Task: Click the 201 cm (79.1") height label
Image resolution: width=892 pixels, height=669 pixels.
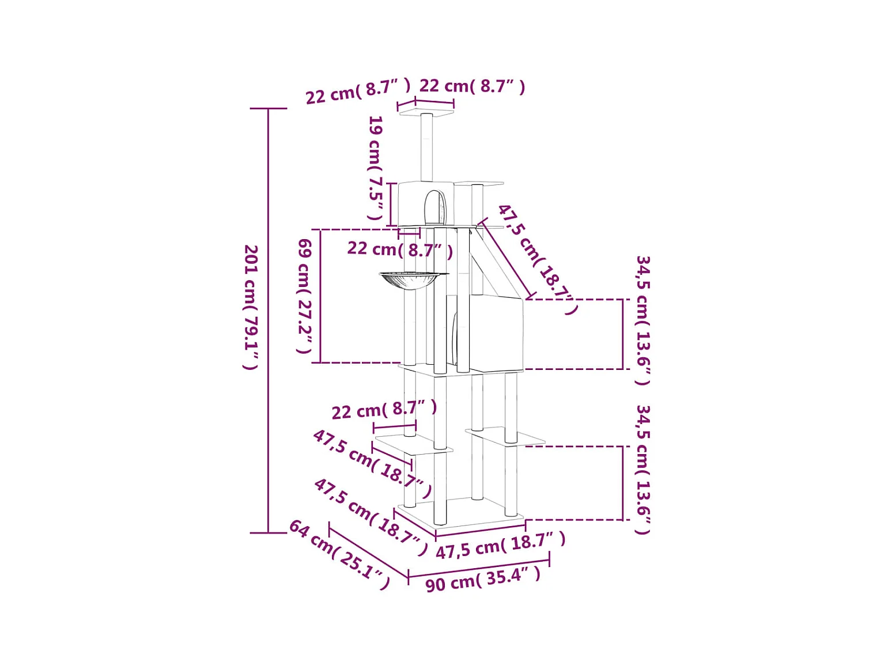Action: coord(251,307)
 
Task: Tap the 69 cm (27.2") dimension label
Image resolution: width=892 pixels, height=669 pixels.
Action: coord(304,296)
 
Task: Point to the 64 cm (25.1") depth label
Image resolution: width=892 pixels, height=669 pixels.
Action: coord(339,554)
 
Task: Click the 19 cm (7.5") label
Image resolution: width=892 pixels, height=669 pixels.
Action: coord(375,168)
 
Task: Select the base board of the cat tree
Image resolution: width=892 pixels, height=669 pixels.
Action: coord(461,514)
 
